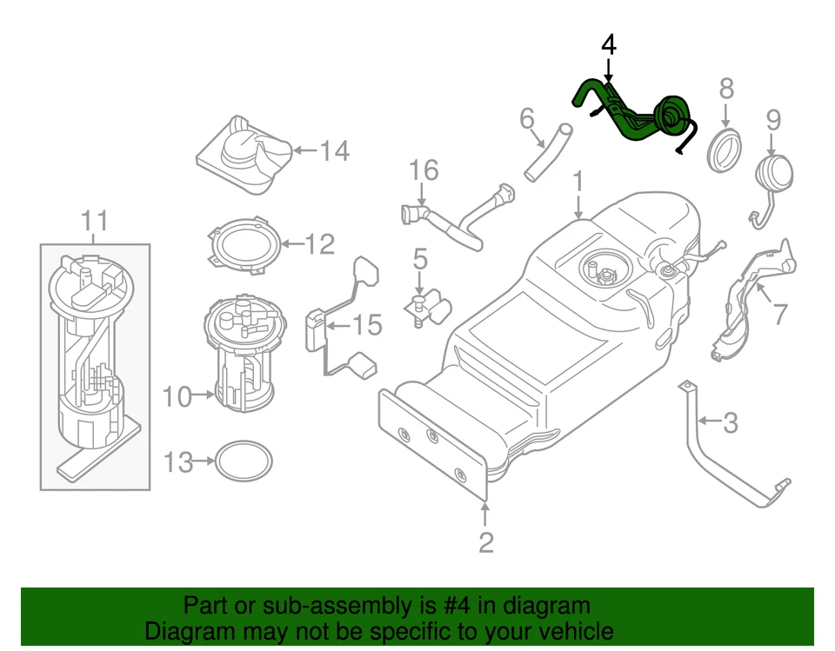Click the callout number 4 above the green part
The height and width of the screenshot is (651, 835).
click(609, 44)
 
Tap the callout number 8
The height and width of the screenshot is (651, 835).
click(726, 88)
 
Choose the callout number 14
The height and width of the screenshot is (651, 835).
click(333, 151)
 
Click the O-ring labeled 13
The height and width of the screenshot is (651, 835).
click(243, 462)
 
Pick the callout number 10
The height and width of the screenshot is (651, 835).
click(176, 397)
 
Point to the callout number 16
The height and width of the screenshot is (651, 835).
click(424, 170)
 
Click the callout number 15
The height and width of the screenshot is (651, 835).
click(367, 326)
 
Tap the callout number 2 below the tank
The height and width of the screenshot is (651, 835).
click(485, 542)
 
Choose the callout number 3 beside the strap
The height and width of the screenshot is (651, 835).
click(730, 423)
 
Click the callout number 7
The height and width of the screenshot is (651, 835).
click(779, 314)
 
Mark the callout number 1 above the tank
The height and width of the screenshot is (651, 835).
click(578, 183)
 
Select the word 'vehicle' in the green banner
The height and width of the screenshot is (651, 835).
click(570, 631)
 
